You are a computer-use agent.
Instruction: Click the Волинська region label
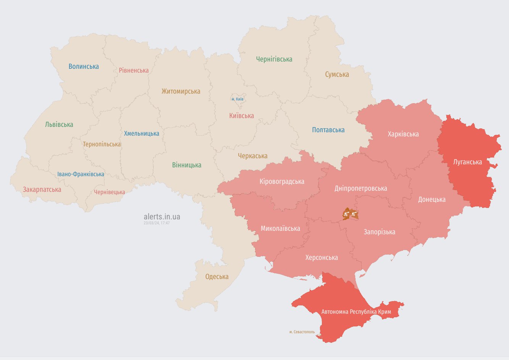(84, 66)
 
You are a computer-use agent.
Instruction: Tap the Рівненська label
(134, 70)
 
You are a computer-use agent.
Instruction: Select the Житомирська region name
(181, 91)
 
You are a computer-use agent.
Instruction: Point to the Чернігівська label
(274, 59)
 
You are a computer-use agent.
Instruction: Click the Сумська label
(337, 75)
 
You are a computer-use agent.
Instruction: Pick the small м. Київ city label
(238, 99)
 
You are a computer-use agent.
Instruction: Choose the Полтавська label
(328, 130)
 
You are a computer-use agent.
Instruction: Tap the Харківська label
(403, 134)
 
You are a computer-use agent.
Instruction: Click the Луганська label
(467, 162)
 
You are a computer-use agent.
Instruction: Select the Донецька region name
(431, 199)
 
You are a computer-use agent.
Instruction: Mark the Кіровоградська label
(282, 182)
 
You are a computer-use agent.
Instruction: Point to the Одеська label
(217, 277)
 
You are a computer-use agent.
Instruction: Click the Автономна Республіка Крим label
(356, 312)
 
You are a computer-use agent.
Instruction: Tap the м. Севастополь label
(302, 332)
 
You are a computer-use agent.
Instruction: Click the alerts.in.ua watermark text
(162, 217)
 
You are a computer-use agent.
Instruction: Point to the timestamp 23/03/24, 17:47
(157, 223)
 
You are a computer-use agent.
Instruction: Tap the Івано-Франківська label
(81, 174)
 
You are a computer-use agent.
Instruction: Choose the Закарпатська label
(42, 190)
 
